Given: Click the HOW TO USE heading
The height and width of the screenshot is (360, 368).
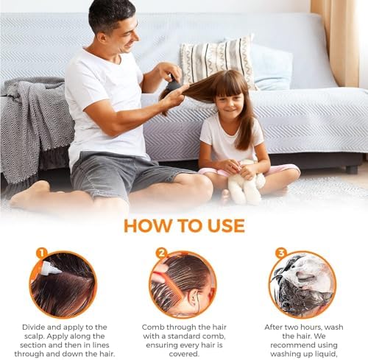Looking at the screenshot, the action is [184, 226].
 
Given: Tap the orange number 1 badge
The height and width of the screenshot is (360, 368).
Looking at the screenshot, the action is [42, 253].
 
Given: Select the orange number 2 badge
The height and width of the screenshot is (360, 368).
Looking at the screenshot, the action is [162, 253].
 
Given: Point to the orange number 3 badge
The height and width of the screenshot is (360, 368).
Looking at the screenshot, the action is [281, 253].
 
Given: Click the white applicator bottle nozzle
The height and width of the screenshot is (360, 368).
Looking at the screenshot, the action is [51, 268].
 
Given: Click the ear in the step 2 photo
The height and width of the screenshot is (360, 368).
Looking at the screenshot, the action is [193, 296].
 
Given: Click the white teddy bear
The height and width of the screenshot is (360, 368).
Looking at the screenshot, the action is [245, 183].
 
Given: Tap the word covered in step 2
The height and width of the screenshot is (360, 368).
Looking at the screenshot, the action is [184, 354].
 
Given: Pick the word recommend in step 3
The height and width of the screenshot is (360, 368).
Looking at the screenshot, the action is [291, 345].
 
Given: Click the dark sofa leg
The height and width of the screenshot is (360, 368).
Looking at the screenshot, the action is [352, 169].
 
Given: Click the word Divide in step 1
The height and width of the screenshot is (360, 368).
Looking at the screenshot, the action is [33, 327].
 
